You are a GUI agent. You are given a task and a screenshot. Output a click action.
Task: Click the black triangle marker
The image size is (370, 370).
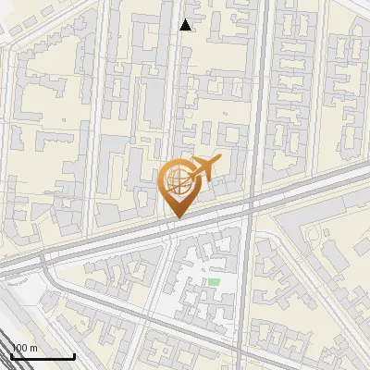tap(186, 25)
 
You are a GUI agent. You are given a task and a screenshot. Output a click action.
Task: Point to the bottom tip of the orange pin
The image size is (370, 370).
tap(177, 217)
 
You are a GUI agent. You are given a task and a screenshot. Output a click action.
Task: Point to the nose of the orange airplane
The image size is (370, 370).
tap(218, 161)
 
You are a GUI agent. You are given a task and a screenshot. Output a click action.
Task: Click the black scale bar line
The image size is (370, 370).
tap(43, 356)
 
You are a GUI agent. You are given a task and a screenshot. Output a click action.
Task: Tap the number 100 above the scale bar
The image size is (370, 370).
tap(19, 348)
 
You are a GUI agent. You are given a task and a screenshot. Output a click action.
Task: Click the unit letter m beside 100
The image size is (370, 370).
tap(33, 349)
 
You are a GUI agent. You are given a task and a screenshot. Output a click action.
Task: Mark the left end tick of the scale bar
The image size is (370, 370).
tap(11, 354)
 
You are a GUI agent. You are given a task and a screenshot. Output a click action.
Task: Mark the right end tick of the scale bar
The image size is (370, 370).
tap(74, 354)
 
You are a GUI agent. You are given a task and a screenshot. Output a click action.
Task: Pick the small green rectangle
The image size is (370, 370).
tap(214, 282)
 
